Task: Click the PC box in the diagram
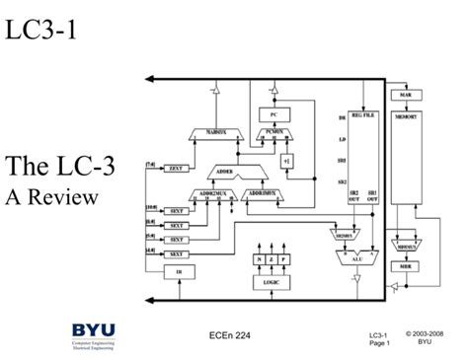[273, 113]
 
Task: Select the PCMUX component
[273, 132]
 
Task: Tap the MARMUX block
[216, 132]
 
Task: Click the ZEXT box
[177, 169]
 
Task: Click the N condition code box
[258, 259]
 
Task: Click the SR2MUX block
[341, 237]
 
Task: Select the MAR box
[405, 95]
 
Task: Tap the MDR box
[406, 266]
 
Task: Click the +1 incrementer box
[286, 161]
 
